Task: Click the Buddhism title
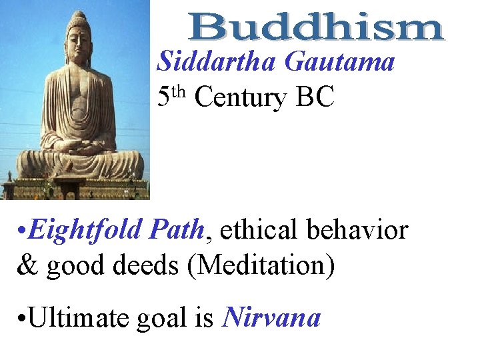[x=316, y=28]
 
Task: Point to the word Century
[x=240, y=97]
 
